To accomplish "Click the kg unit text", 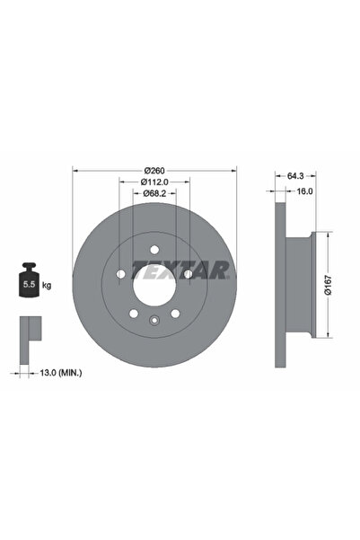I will pyautogui.click(x=46, y=286).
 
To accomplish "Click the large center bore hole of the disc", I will pyautogui.click(x=154, y=288).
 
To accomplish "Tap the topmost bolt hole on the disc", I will pyautogui.click(x=154, y=250).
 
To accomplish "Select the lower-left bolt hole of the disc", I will pyautogui.click(x=133, y=314).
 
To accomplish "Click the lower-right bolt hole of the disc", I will pyautogui.click(x=176, y=314).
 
